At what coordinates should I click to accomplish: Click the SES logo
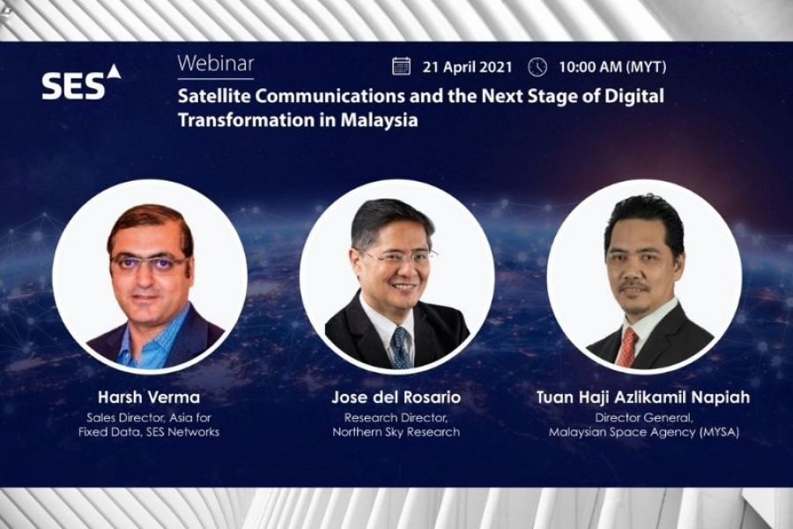pyautogui.click(x=81, y=81)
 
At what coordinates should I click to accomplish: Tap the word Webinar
pyautogui.click(x=216, y=63)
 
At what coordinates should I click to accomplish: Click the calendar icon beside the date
pyautogui.click(x=401, y=66)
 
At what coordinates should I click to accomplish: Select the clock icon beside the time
pyautogui.click(x=537, y=67)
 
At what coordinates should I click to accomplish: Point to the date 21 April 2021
pyautogui.click(x=467, y=67)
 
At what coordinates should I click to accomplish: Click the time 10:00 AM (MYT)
pyautogui.click(x=612, y=67)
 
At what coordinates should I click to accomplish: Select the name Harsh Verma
pyautogui.click(x=149, y=397)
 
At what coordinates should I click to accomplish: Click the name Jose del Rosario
pyautogui.click(x=396, y=397)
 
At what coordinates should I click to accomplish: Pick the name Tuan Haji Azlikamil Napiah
pyautogui.click(x=643, y=397)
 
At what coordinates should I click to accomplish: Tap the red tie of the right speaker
pyautogui.click(x=626, y=347)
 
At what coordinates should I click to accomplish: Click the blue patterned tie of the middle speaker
pyautogui.click(x=402, y=348)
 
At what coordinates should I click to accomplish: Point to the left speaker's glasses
pyautogui.click(x=149, y=264)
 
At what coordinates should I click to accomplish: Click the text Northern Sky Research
pyautogui.click(x=396, y=432)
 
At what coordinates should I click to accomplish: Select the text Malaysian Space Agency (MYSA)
pyautogui.click(x=644, y=432)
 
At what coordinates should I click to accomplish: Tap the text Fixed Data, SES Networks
pyautogui.click(x=149, y=432)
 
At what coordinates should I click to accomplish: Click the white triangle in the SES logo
pyautogui.click(x=115, y=71)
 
